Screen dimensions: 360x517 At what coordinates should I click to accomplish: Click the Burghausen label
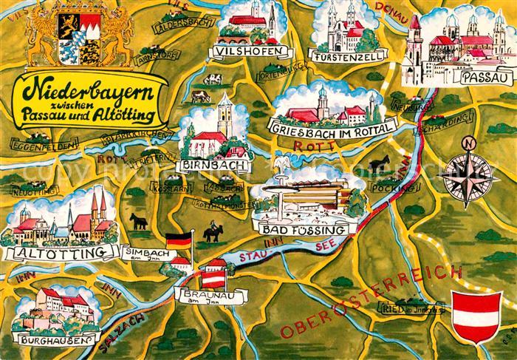click(x=58, y=340)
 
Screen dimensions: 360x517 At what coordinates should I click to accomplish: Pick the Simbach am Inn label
click(x=150, y=254)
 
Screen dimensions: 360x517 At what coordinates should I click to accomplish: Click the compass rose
click(x=469, y=177)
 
